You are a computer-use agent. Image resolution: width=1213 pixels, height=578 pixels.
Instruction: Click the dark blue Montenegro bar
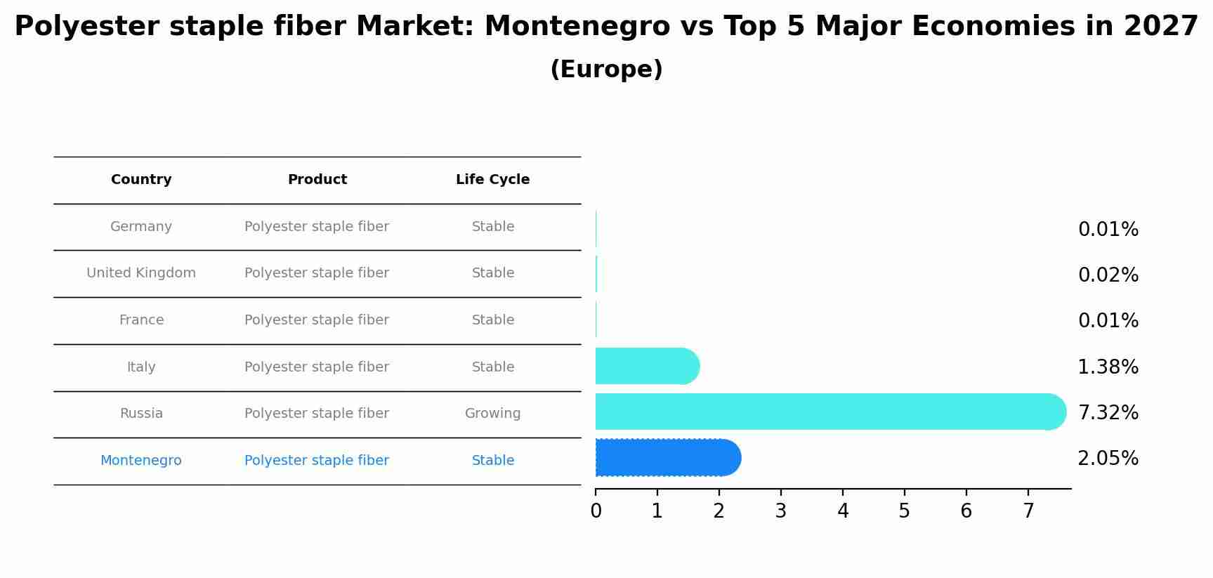tap(667, 458)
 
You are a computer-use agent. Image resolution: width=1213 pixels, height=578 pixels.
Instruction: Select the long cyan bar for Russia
tap(829, 412)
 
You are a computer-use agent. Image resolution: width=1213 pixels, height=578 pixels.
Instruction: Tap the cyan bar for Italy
tap(646, 366)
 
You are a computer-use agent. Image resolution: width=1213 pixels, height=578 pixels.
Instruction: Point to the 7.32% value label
tap(1108, 413)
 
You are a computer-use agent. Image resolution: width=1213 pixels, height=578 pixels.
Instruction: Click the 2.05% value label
tap(1108, 459)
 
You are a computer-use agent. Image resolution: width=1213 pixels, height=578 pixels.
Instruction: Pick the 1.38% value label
tap(1108, 367)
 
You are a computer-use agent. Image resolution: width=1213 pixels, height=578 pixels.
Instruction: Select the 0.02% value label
tap(1108, 275)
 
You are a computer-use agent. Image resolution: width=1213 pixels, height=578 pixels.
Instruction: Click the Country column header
tap(141, 180)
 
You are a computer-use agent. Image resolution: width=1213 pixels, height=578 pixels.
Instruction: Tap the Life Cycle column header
tap(492, 180)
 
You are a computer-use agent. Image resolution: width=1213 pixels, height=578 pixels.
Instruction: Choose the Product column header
tap(317, 180)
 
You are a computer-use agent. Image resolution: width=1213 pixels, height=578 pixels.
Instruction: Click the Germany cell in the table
tap(141, 227)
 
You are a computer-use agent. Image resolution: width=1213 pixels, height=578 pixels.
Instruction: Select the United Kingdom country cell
tap(141, 273)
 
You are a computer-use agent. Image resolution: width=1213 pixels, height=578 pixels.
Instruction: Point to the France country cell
tap(141, 320)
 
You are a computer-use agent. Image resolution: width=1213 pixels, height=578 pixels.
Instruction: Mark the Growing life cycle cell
tap(492, 414)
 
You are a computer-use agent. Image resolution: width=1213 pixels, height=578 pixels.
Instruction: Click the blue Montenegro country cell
tap(141, 461)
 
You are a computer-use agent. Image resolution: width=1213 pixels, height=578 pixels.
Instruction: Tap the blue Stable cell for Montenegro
tap(492, 461)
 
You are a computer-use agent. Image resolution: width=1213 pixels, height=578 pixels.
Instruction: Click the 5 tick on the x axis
tap(904, 511)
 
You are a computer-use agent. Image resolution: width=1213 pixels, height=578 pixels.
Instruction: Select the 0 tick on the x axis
tap(596, 511)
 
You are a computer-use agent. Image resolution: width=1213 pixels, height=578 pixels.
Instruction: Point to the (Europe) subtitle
tap(606, 70)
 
